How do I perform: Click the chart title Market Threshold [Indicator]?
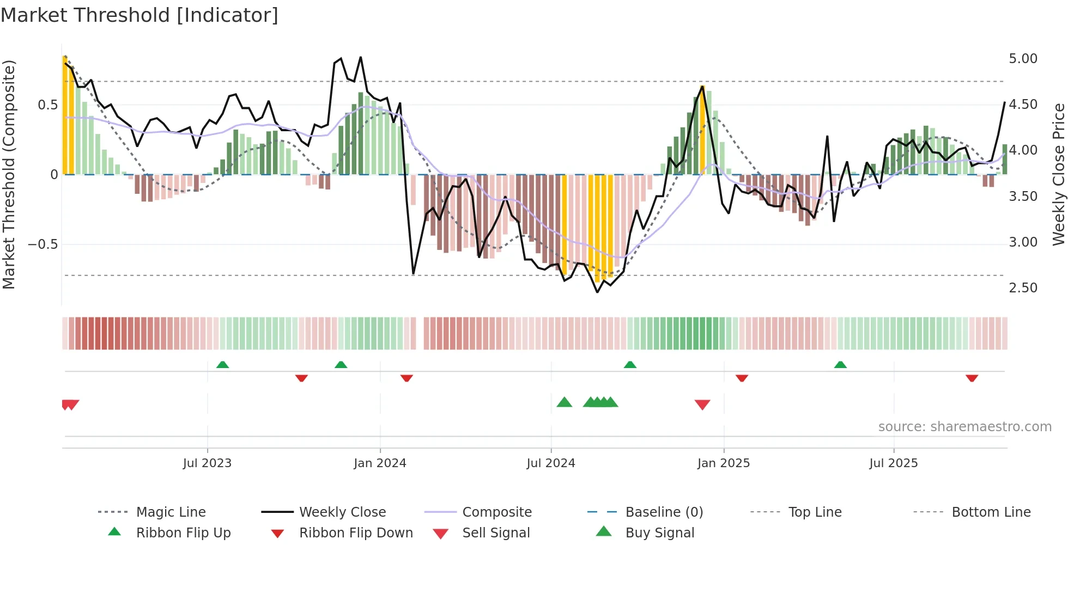tap(139, 15)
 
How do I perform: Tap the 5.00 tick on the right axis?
tap(1023, 59)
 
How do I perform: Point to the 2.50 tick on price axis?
tap(1023, 288)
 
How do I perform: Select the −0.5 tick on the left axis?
tap(43, 244)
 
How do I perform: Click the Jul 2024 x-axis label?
tap(550, 463)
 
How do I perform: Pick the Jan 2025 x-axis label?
tap(723, 463)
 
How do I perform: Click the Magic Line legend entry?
tap(171, 512)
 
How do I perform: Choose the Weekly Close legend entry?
tap(342, 512)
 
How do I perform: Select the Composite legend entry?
tap(496, 512)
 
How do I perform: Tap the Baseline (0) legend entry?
tap(664, 512)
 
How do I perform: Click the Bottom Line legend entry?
tap(991, 512)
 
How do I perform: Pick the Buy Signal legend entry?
tap(659, 533)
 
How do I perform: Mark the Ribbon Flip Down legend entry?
tap(355, 533)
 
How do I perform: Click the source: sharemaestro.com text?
tap(964, 427)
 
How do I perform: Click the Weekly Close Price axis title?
tap(1058, 174)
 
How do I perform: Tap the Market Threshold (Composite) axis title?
tap(9, 174)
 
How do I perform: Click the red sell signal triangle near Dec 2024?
tap(702, 405)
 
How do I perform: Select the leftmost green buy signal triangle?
tap(565, 402)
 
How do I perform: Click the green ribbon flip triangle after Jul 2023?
tap(222, 365)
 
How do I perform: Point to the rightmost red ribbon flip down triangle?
tap(972, 378)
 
